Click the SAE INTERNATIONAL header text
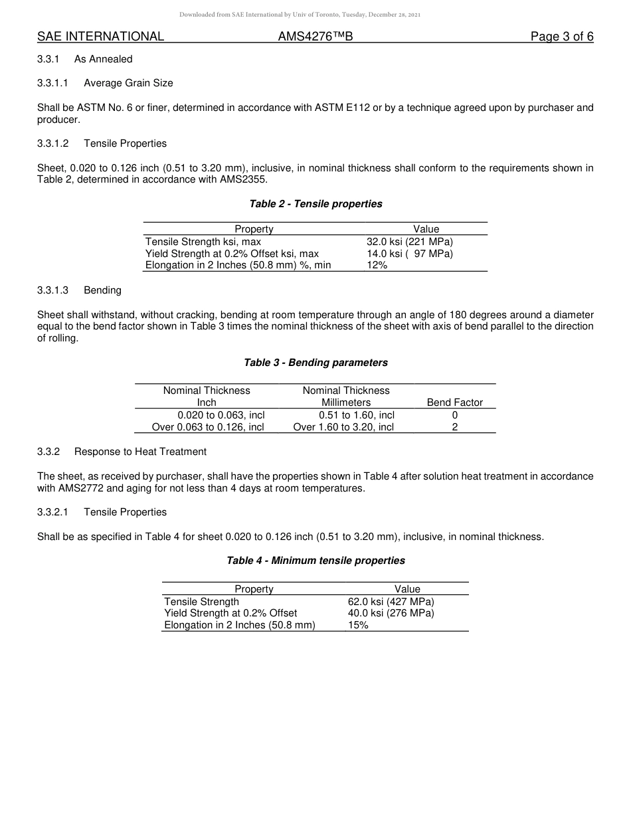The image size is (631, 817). (100, 37)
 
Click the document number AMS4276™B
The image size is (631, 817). (315, 37)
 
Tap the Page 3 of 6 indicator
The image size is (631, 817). (561, 37)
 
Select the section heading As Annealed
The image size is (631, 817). (103, 59)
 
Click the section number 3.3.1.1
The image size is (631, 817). (53, 83)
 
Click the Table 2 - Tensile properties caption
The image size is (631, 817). (315, 204)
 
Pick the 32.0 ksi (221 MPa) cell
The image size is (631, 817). (409, 242)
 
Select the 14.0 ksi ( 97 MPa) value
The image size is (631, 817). (409, 254)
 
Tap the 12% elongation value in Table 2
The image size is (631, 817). (377, 266)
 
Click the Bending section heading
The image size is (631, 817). (102, 290)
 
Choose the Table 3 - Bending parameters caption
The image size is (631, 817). (315, 363)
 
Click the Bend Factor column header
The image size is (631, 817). (454, 403)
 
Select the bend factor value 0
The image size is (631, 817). (454, 415)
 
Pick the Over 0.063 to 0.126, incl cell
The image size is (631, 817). (208, 427)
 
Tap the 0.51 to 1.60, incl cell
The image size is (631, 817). (356, 415)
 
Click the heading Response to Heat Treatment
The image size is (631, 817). (140, 452)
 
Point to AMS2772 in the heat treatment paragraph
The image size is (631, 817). (60, 488)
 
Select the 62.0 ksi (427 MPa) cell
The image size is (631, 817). (391, 602)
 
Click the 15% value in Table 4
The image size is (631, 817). (358, 625)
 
